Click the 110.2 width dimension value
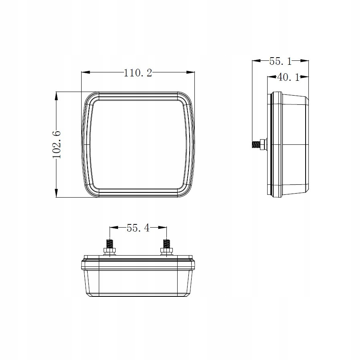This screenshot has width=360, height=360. pos(138,73)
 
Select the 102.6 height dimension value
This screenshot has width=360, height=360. pos(57,145)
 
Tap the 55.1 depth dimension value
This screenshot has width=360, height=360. pos(280,61)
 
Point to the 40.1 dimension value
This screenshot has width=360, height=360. pos(288,77)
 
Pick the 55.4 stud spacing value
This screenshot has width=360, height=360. pos(138,228)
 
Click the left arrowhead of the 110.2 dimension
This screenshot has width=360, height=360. pos(86,72)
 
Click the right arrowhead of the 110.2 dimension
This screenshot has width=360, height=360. pos(190,72)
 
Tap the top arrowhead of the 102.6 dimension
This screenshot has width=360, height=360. pos(56,96)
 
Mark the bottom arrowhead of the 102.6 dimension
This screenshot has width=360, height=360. pos(56,193)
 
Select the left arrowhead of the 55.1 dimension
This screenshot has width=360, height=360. pos(256,61)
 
